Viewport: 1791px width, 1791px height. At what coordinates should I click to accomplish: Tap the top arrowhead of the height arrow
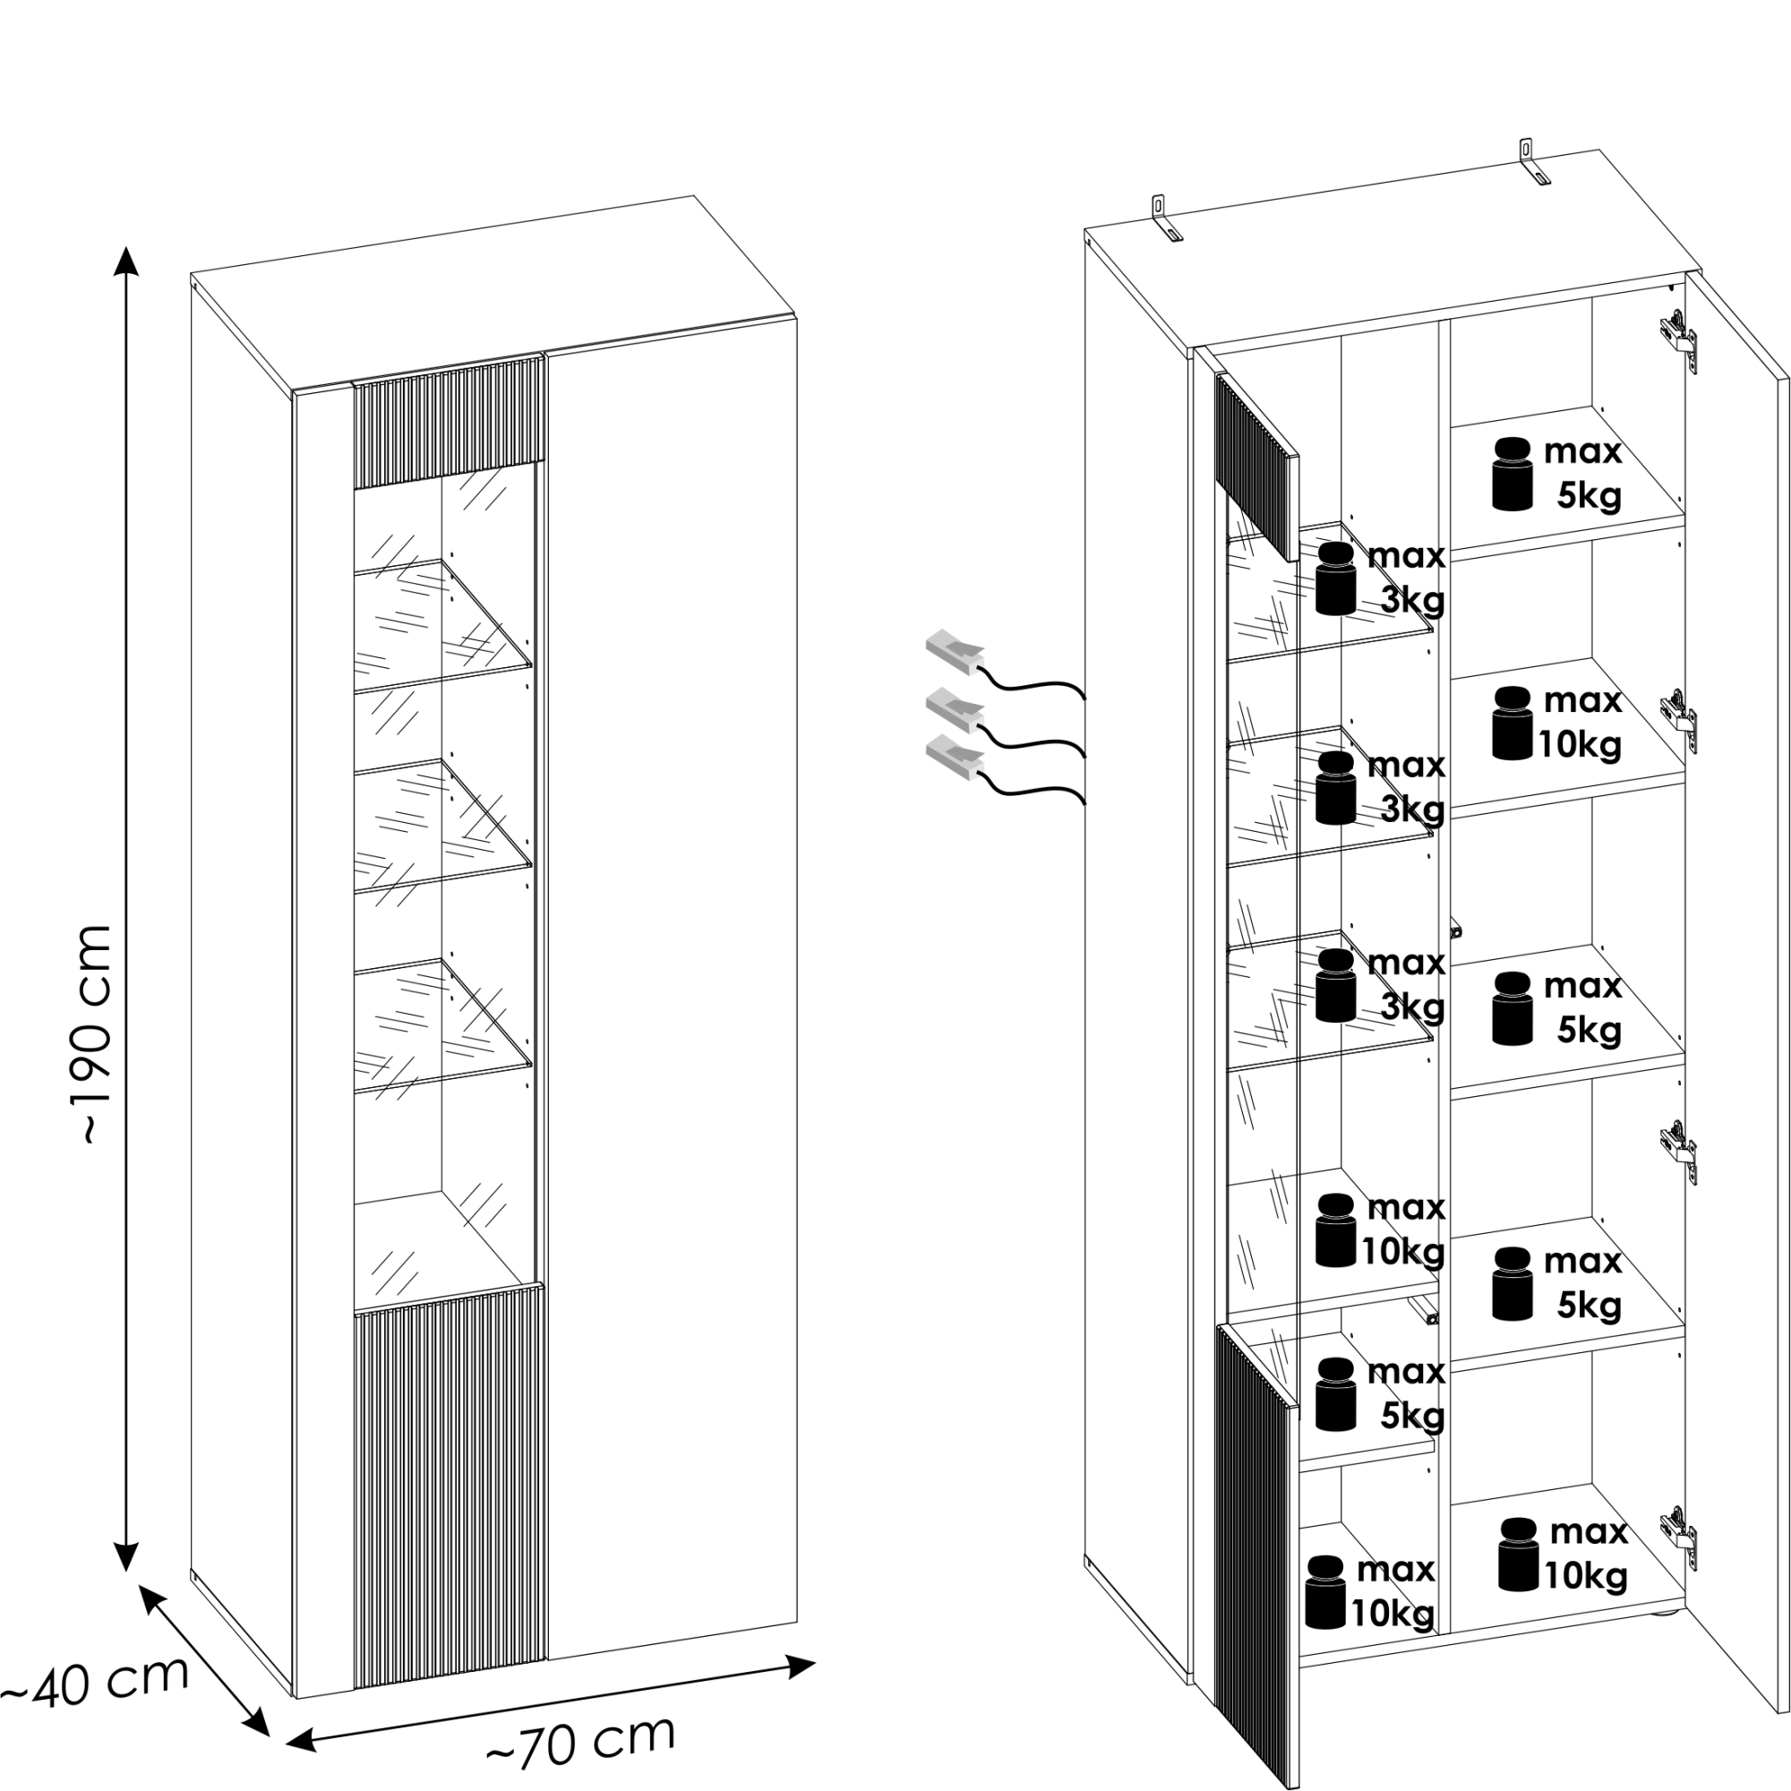pos(126,261)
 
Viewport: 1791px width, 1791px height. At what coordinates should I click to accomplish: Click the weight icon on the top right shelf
pos(1512,474)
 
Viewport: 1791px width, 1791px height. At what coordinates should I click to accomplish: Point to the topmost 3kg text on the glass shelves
pos(1413,601)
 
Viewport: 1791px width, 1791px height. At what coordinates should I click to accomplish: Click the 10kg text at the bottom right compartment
pos(1585,1575)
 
